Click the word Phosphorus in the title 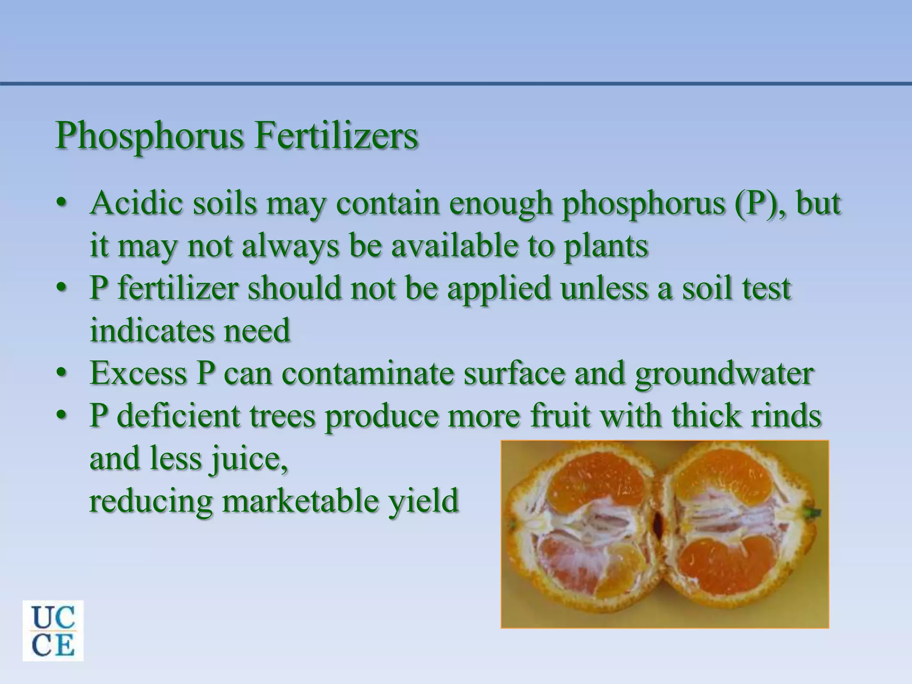pyautogui.click(x=150, y=136)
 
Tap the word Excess pyautogui.click(x=138, y=373)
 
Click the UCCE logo pyautogui.click(x=53, y=631)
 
